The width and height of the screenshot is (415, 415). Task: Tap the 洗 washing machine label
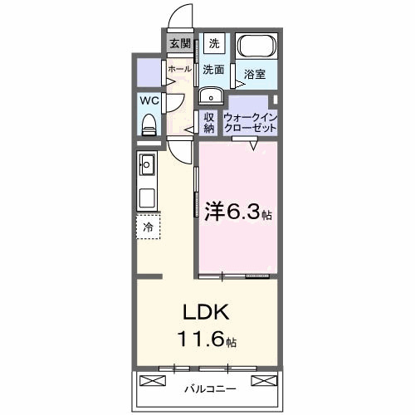click(x=214, y=43)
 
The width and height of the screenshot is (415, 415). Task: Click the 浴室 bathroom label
click(x=255, y=76)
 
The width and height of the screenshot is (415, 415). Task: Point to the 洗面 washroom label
click(x=213, y=70)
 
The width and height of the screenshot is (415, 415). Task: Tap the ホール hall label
click(x=180, y=70)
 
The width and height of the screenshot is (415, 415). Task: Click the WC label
click(x=149, y=100)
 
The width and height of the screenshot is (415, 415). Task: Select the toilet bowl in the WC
click(x=149, y=125)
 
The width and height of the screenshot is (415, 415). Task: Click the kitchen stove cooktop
click(x=149, y=199)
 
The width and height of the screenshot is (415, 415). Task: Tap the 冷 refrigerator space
click(x=149, y=227)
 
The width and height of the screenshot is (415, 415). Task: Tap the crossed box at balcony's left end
click(x=154, y=380)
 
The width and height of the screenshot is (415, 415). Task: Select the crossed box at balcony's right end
click(x=262, y=380)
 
